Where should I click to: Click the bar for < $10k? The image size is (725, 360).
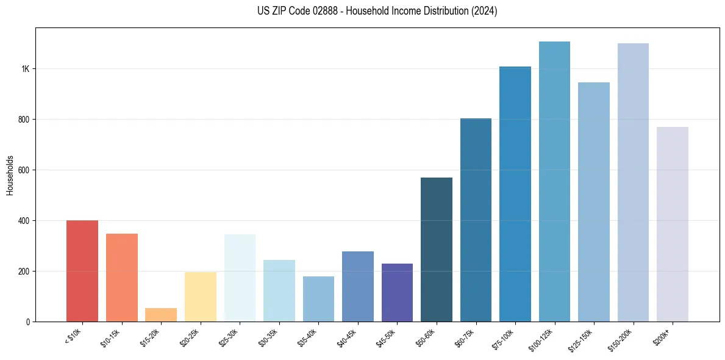82,271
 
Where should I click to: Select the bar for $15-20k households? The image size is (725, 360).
161,315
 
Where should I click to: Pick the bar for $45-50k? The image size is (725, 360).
397,292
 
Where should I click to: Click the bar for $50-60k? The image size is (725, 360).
437,250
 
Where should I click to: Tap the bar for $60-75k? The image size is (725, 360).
476,220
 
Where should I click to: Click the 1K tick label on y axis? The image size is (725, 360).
26,69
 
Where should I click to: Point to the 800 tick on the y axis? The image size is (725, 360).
24,120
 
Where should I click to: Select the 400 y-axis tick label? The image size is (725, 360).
24,220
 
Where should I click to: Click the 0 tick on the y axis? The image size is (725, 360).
28,322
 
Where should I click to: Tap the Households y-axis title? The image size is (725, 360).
10,175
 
